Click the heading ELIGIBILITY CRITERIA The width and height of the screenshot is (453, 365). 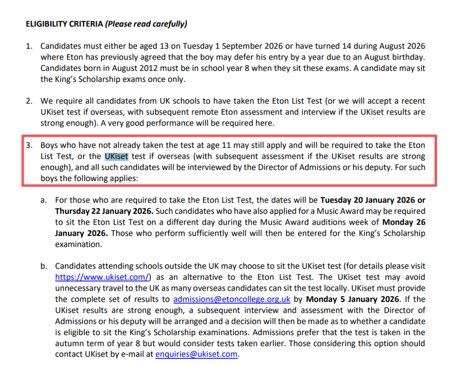(65, 24)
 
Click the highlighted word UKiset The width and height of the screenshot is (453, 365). (116, 157)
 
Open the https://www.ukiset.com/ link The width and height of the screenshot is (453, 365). (102, 277)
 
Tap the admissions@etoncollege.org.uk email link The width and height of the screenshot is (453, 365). (232, 299)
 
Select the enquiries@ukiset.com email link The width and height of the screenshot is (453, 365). (196, 354)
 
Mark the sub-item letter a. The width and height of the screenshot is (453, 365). (43, 200)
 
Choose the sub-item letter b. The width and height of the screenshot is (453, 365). (43, 266)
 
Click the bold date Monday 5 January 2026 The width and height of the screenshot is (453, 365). (352, 299)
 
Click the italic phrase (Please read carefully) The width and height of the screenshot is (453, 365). (146, 24)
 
